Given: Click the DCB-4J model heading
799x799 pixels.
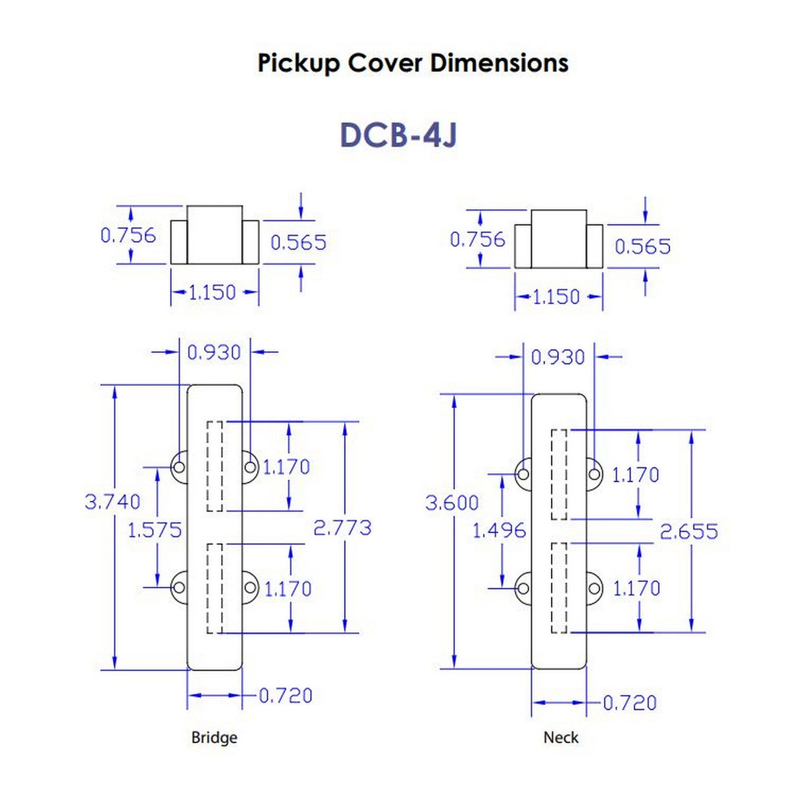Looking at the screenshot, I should coord(398,135).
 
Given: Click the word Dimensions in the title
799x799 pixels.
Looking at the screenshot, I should coord(499,63).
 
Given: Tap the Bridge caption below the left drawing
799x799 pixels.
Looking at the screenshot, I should coord(214,737).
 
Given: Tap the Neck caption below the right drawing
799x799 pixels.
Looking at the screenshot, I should coord(561,737).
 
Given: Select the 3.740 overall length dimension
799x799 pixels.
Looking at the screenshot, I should coord(113,502).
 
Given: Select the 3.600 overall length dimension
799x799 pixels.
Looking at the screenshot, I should coord(452,503).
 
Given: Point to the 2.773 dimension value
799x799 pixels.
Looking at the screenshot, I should coord(342,527).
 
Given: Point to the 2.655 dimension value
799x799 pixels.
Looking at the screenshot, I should coord(689,531).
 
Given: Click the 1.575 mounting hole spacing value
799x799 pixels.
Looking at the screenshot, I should coord(154,530).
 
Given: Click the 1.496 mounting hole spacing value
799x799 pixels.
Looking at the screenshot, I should coord(500,530).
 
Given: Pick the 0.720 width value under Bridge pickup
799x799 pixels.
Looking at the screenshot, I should coord(286,696).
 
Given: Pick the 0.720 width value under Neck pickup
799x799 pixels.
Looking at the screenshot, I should coord(630,703).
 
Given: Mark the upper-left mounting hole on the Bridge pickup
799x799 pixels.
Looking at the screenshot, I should coord(178,467).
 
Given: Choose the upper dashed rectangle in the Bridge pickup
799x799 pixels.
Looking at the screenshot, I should coord(215,466).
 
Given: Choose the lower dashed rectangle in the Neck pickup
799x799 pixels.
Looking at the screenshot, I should coord(559,588).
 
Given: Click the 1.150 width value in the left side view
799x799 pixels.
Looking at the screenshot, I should coord(212,292).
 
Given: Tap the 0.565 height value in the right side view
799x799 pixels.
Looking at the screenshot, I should coord(642,246).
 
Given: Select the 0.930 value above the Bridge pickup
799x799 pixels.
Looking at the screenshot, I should coord(214,352).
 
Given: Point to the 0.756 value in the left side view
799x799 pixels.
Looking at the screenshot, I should coord(128,235).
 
